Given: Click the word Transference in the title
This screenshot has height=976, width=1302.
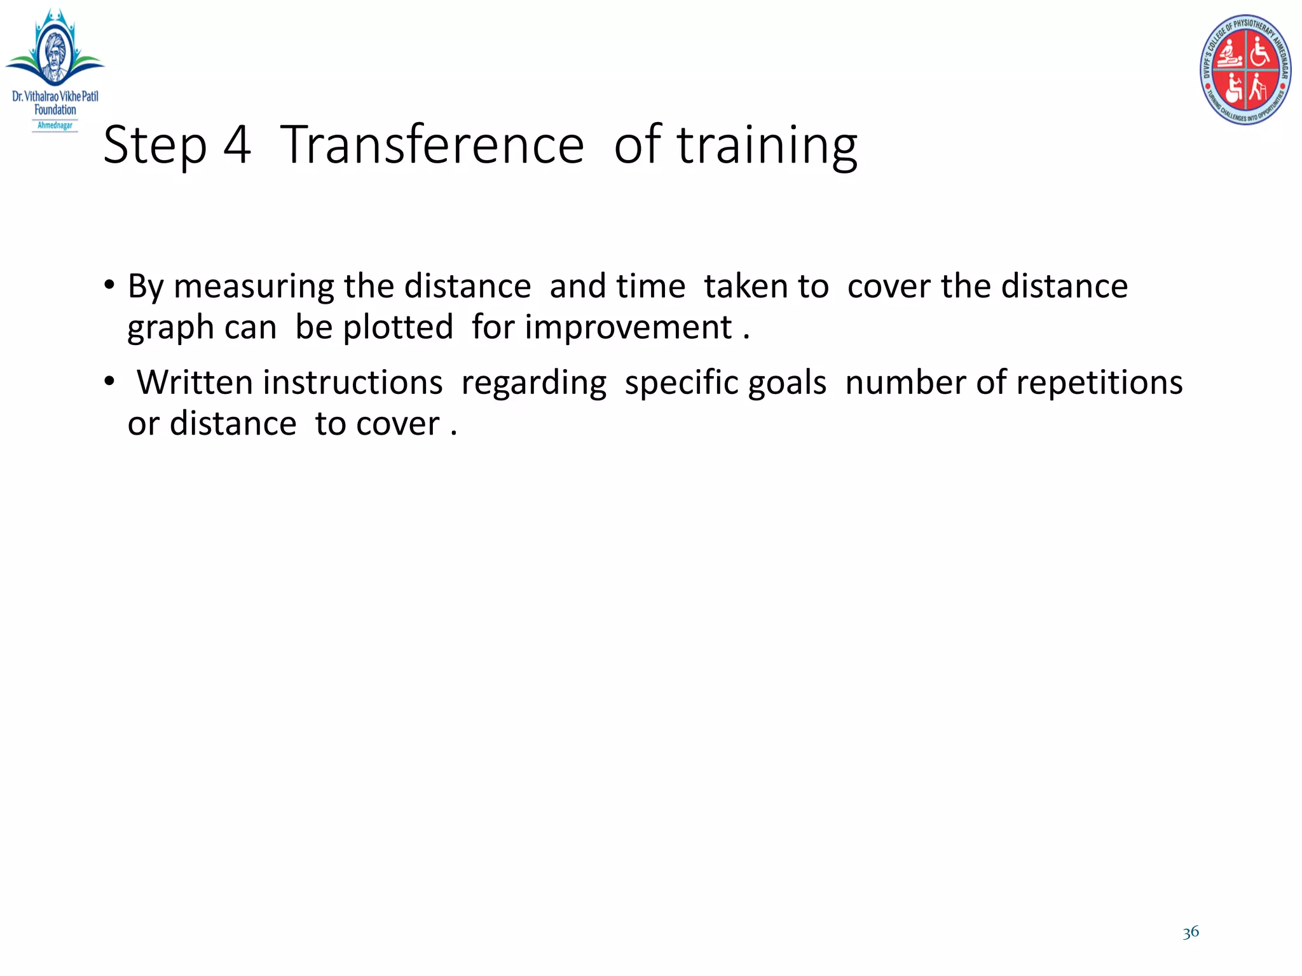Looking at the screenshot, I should coord(432,146).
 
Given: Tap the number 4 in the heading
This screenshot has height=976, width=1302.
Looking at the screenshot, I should coord(236,146).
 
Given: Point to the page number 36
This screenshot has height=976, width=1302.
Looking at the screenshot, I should coord(1191,932).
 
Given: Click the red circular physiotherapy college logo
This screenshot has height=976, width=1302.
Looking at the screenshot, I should coord(1245,69).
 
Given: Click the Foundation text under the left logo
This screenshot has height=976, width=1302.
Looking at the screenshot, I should coord(55,110).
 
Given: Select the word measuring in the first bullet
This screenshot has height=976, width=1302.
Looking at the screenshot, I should coord(254,287).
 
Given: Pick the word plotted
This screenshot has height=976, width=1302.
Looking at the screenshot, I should coord(397,327).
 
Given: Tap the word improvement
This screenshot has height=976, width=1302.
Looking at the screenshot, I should coord(628,329).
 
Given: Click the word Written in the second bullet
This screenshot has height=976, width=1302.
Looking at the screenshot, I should coord(195,383).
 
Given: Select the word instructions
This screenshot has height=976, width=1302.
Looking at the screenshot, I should coord(352,383).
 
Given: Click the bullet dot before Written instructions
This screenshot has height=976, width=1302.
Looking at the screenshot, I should coord(110,381).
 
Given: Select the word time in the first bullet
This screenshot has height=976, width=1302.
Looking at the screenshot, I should coord(650,286).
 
